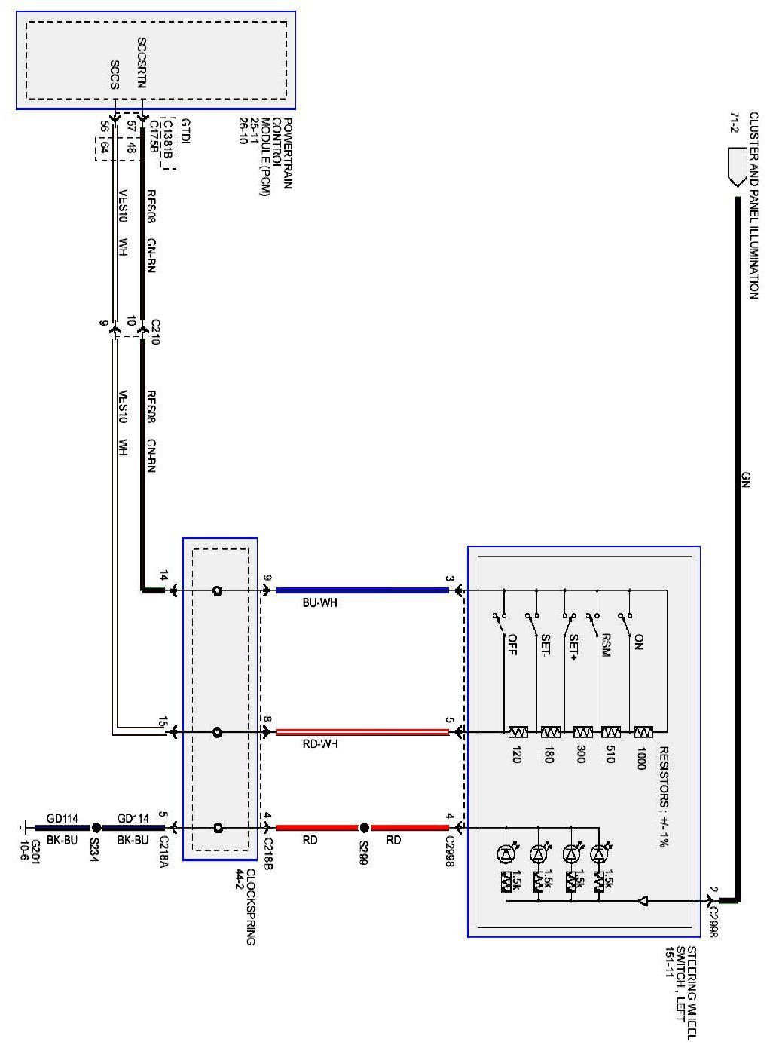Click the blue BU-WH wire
coord(362,590)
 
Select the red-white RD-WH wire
coord(362,731)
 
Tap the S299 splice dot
coord(364,827)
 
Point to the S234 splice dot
coord(96,827)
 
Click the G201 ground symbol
coord(26,827)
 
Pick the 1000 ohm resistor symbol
coord(643,731)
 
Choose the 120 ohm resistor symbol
coord(517,731)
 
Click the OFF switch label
coord(512,646)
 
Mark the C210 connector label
coord(155,329)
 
